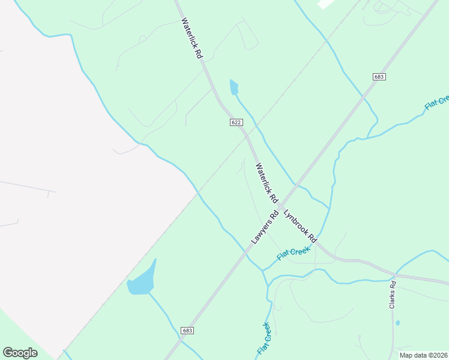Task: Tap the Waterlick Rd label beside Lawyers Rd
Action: pos(267,182)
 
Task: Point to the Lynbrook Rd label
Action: pos(300,225)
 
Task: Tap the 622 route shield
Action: pos(237,122)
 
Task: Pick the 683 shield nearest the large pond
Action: pos(188,331)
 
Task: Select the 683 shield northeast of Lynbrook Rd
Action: pos(378,77)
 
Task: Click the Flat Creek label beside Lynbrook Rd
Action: pos(294,254)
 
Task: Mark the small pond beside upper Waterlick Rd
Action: pos(234,88)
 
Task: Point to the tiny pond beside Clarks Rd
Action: pos(397,323)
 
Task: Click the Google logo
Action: pos(20,353)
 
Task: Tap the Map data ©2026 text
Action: pos(423,355)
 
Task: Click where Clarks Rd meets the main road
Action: pos(394,275)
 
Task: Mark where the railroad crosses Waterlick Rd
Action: pos(247,137)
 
